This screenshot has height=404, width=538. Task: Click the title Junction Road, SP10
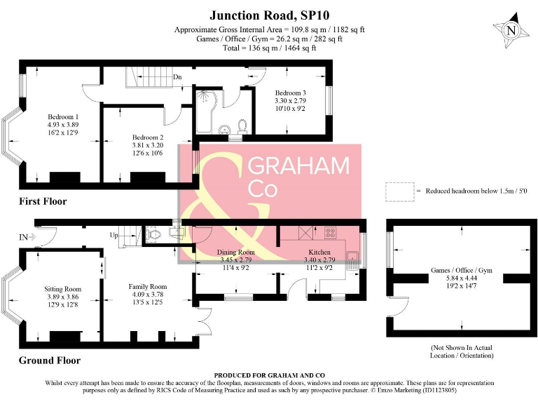(x=270, y=15)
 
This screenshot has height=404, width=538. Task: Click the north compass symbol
(x=511, y=30)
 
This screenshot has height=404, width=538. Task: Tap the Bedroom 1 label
(x=63, y=116)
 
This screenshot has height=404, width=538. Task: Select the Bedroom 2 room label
(x=147, y=137)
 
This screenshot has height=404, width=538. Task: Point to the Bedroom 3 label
(x=290, y=93)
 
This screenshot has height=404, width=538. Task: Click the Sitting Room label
(x=63, y=289)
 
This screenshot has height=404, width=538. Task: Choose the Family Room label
(x=147, y=287)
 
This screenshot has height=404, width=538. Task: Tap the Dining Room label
(x=235, y=252)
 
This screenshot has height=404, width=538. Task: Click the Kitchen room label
(x=319, y=252)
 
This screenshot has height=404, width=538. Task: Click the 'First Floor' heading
(x=43, y=201)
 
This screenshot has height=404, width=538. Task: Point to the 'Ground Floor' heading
(x=50, y=361)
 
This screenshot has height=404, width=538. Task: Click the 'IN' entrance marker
(x=25, y=237)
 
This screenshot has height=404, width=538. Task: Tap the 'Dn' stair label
(x=178, y=77)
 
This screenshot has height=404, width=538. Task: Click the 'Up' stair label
(x=113, y=235)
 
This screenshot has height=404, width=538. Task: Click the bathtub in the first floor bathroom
(x=202, y=111)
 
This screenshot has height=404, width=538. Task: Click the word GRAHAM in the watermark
(x=299, y=166)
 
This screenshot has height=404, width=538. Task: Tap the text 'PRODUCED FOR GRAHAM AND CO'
(x=269, y=375)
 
